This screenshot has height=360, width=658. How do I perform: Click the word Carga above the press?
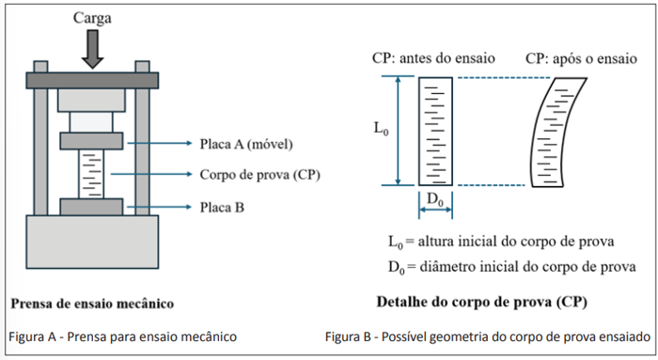(x=92, y=19)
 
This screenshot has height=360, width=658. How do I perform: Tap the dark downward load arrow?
(x=92, y=49)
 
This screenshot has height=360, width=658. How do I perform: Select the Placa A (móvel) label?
(x=246, y=144)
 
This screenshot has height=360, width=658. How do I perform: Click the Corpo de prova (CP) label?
(x=259, y=175)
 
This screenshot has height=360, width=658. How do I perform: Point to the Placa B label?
(x=222, y=208)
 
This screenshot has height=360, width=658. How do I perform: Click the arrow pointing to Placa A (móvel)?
(x=160, y=143)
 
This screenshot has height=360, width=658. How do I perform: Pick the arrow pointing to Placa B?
(x=160, y=207)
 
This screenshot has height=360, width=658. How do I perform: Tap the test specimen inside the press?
(x=91, y=174)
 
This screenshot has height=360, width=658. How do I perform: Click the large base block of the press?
(x=92, y=242)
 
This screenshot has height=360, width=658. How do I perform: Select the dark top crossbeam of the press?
(x=92, y=80)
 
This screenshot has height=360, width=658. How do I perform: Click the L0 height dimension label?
(x=381, y=129)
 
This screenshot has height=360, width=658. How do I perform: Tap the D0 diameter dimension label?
(x=435, y=199)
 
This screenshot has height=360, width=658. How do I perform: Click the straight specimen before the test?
(x=435, y=132)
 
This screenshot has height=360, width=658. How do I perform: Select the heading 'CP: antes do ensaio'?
(x=433, y=58)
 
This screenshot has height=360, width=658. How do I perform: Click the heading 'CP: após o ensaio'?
(x=581, y=58)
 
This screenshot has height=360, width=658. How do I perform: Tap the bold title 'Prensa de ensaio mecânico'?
(x=92, y=304)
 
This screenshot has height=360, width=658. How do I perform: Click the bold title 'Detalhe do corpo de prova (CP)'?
(x=481, y=302)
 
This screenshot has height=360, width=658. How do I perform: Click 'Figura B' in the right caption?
(x=349, y=337)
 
